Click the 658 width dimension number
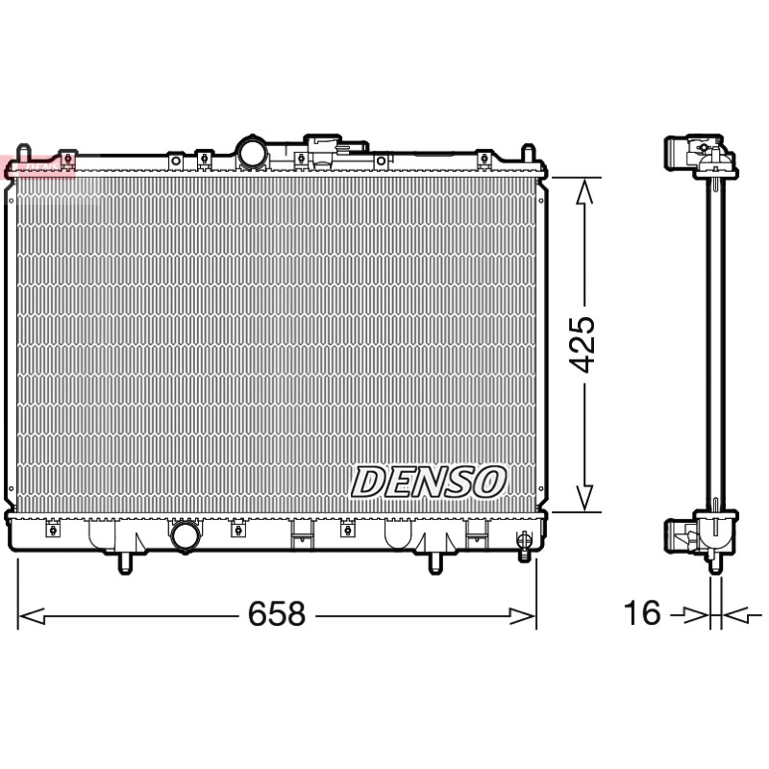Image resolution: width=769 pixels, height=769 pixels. coord(277,613)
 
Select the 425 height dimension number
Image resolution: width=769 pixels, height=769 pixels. coord(582,344)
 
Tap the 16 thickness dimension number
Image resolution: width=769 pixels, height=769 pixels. coord(642,612)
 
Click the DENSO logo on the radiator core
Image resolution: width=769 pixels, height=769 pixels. coord(428,482)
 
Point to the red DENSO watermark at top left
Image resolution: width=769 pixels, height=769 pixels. coord(37,166)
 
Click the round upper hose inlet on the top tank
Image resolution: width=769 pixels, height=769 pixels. coord(252,153)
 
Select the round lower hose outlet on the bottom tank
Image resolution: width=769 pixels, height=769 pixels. coord(186,535)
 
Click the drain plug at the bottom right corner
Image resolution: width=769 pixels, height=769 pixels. coord(524,546)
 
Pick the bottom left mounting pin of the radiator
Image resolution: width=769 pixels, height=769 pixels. coord(125,563)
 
